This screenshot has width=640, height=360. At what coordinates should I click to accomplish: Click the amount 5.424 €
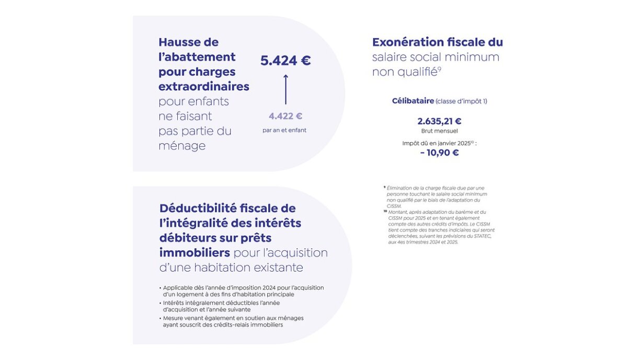click(x=285, y=61)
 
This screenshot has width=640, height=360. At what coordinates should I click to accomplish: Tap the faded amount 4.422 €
click(x=285, y=116)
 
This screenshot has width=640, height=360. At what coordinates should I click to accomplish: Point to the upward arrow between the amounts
click(x=285, y=89)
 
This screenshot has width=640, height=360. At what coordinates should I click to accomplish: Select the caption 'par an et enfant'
click(x=284, y=130)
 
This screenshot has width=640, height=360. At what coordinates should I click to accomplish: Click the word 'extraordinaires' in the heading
click(x=203, y=86)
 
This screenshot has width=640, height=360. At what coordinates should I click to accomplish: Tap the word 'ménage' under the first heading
click(x=182, y=146)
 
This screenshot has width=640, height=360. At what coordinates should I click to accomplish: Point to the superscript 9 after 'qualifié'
click(x=440, y=68)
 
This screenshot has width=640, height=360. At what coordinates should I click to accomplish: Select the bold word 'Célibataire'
click(x=413, y=101)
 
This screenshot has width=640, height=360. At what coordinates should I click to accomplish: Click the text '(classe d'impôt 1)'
click(x=461, y=101)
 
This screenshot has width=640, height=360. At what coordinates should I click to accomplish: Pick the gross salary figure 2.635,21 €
click(x=439, y=121)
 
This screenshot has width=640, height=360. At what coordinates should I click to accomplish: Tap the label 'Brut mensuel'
click(x=439, y=131)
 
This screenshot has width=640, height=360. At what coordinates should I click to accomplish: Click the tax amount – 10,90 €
click(x=439, y=153)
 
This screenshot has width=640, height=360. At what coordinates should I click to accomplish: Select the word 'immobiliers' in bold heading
click(x=195, y=253)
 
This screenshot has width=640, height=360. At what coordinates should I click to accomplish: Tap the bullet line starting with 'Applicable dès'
click(x=243, y=288)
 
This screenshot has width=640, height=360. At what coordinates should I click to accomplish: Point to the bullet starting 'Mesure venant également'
click(x=233, y=318)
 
